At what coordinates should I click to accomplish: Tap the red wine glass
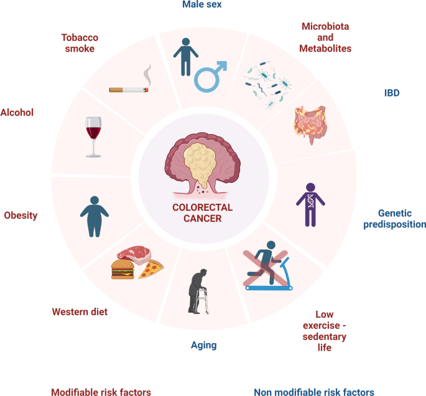pos(93,137)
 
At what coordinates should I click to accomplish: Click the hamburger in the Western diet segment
pos(123,269)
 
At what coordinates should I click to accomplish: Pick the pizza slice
pos(150,269)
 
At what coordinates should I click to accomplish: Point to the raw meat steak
pos(134,254)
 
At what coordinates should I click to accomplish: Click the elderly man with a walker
pos(198,292)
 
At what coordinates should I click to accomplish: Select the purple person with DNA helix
pos(310,205)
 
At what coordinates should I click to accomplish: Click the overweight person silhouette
pos(95,216)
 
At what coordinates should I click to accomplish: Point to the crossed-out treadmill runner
pos(267,265)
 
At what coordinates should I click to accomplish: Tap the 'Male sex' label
pos(202,4)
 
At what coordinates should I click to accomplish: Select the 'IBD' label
pos(392,93)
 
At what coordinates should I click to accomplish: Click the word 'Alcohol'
pos(17,113)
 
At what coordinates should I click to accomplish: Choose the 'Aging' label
pos(204,346)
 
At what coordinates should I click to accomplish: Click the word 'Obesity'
pos(21,215)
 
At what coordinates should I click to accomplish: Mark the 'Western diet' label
pos(80,312)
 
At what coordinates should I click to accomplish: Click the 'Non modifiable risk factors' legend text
pos(314,392)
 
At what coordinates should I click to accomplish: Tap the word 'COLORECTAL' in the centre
pos(202,208)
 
